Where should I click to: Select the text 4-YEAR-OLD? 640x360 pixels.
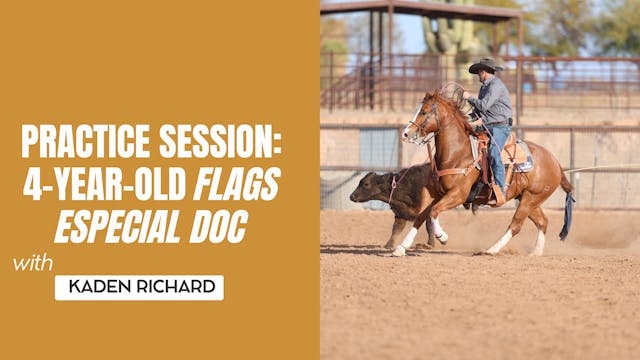(x=101, y=184)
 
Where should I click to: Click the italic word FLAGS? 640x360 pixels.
(x=236, y=184)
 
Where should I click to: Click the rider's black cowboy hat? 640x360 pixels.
(x=485, y=67)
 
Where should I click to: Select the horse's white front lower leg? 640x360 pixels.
(x=407, y=240)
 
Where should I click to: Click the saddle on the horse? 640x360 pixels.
(x=514, y=150)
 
